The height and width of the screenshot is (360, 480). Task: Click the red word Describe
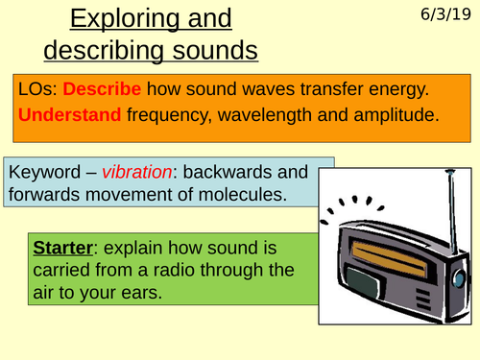click(x=105, y=88)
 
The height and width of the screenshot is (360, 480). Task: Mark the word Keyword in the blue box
click(x=44, y=173)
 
